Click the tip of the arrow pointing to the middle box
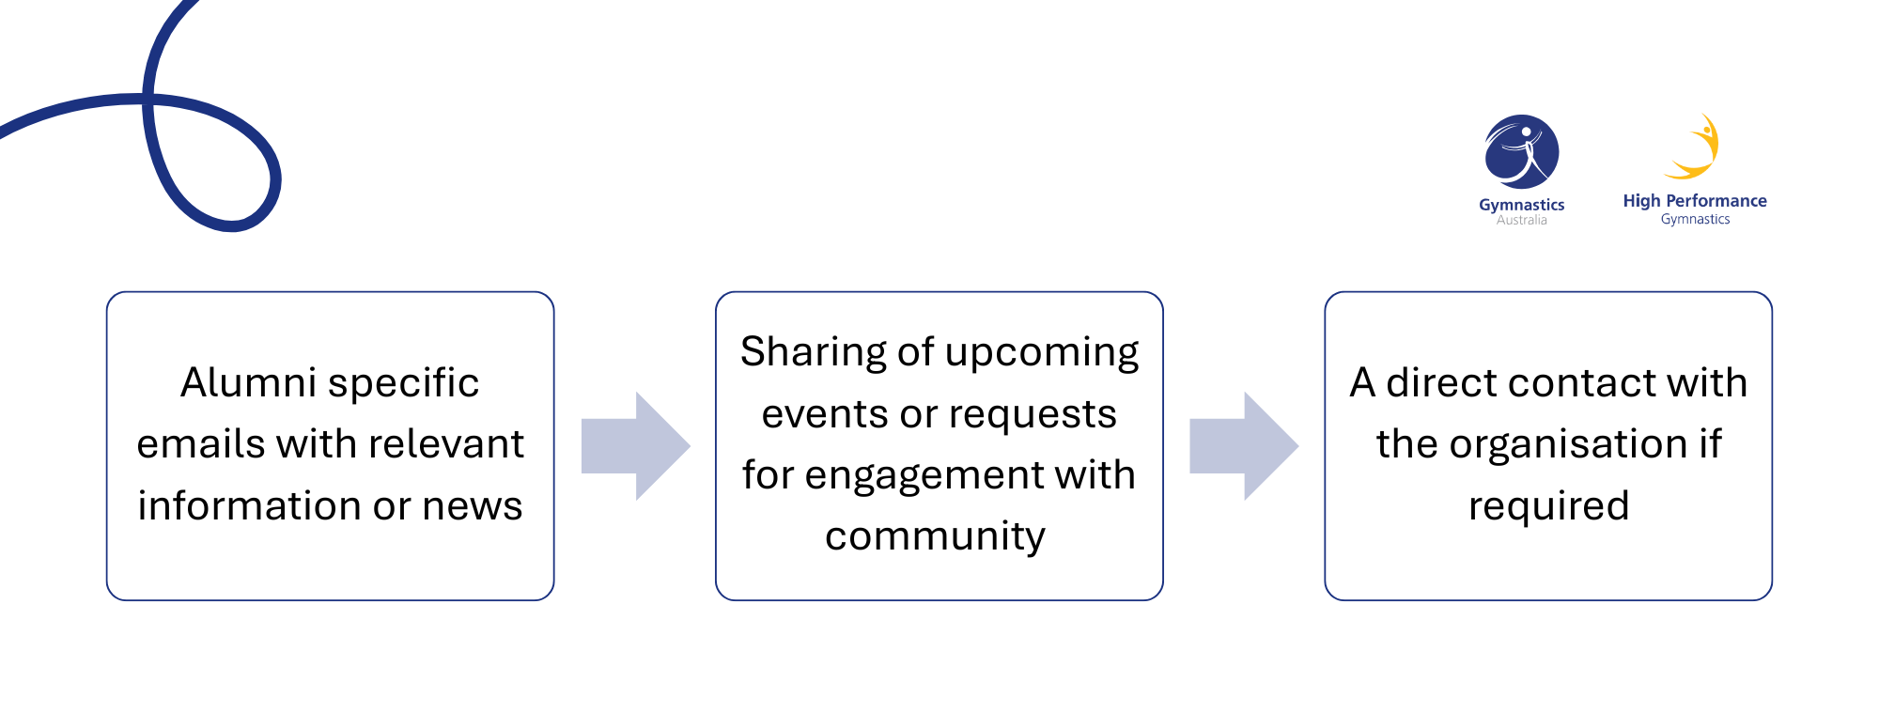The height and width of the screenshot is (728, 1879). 691,446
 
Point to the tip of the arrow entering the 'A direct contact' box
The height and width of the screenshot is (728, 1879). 1299,446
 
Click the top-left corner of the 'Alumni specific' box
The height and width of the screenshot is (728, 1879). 107,292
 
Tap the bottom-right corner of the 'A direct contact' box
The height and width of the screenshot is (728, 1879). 1772,600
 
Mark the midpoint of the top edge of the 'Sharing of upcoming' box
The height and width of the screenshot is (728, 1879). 939,292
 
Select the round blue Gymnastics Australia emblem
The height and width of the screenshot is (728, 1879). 1522,151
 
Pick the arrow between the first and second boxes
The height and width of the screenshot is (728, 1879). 636,446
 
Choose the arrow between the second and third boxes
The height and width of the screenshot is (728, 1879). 1245,446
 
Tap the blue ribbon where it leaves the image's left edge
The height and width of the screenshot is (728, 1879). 3,131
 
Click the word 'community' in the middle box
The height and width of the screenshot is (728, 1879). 935,537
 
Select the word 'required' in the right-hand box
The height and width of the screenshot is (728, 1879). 1548,507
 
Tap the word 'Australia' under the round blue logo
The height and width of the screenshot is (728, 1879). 1522,221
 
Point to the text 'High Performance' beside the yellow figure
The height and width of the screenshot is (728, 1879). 1695,201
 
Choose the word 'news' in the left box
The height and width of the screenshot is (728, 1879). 473,507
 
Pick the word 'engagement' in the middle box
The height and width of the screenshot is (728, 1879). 924,476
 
